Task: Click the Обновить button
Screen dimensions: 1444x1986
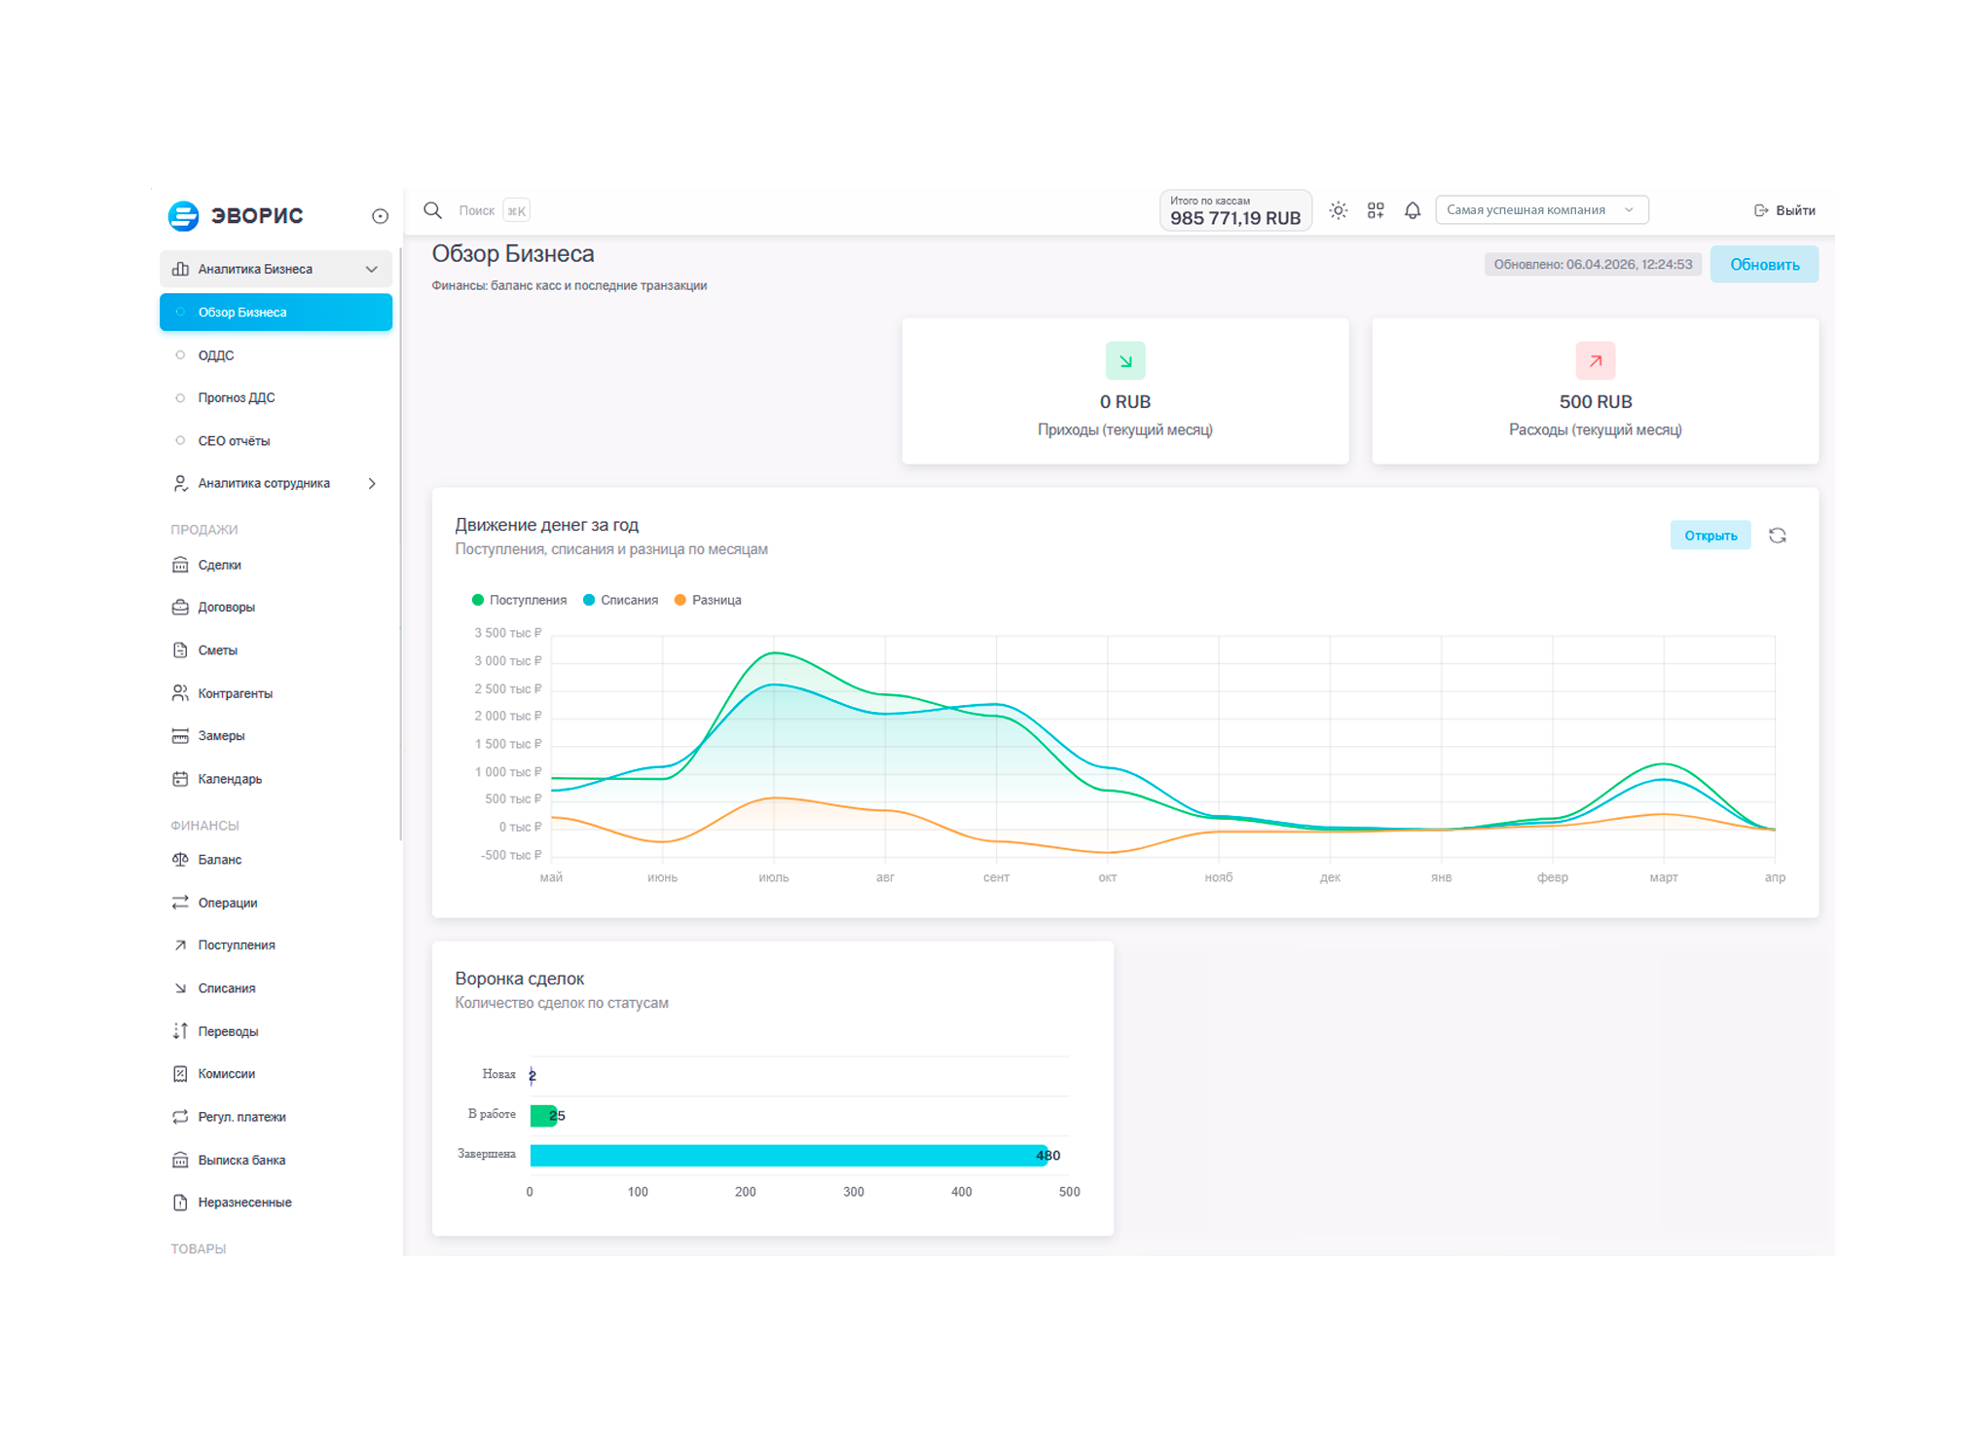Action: point(1763,265)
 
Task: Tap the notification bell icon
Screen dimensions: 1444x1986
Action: point(1412,210)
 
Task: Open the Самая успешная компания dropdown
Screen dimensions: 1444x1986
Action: point(1541,210)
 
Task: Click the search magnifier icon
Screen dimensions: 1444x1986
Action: point(433,210)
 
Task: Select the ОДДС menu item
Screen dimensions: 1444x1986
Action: point(216,355)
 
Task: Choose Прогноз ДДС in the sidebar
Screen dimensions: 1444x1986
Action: point(237,398)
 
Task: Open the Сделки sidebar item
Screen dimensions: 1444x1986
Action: point(219,565)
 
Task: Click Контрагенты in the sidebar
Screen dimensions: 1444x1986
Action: point(235,693)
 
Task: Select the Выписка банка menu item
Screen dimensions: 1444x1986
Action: point(241,1160)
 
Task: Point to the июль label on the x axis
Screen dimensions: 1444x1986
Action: point(774,877)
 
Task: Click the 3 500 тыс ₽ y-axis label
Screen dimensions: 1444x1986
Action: point(507,633)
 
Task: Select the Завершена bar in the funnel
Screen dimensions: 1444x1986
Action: point(787,1156)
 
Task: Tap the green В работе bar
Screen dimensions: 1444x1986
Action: point(542,1116)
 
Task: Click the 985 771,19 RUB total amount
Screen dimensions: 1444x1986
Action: point(1234,218)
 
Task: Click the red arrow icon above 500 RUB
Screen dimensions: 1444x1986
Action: point(1595,361)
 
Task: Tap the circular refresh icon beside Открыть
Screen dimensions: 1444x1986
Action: point(1777,536)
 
